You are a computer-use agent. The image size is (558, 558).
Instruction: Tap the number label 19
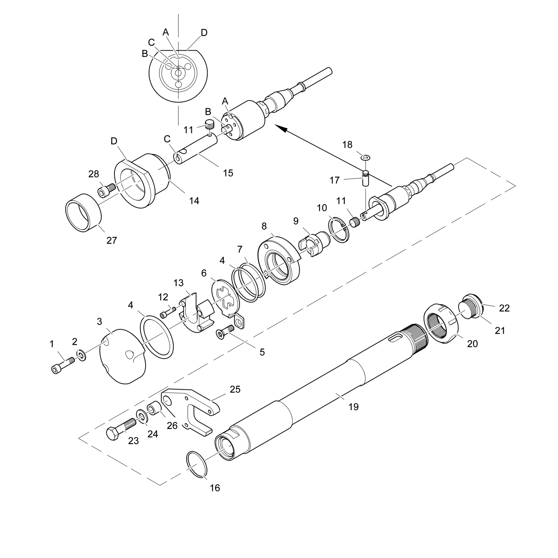tap(353, 407)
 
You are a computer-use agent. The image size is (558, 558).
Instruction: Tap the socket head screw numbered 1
tap(63, 365)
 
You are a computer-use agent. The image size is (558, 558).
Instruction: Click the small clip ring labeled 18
tap(365, 158)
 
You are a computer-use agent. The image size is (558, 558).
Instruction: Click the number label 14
tap(194, 200)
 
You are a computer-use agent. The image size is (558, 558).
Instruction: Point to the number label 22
tap(504, 308)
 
